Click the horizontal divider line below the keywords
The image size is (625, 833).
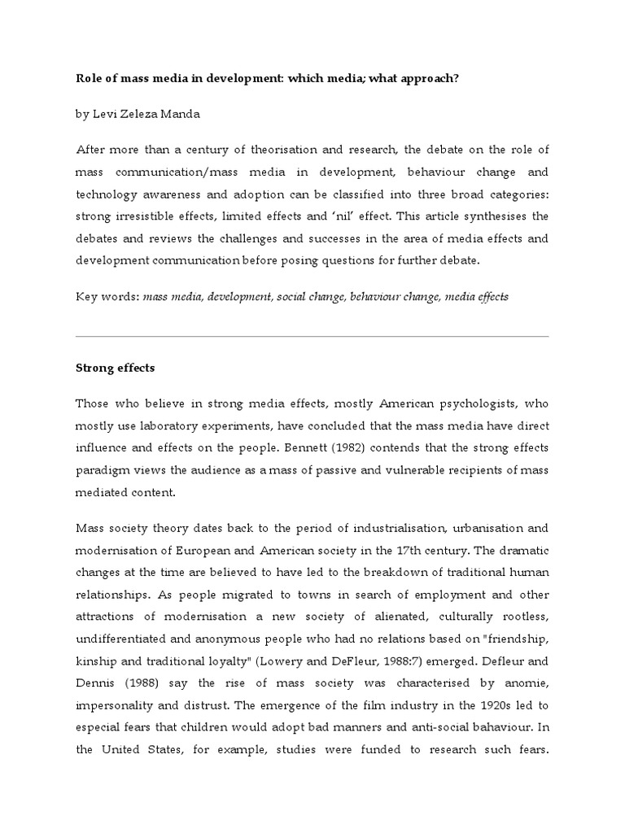[312, 336]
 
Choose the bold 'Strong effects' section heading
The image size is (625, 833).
[115, 368]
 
